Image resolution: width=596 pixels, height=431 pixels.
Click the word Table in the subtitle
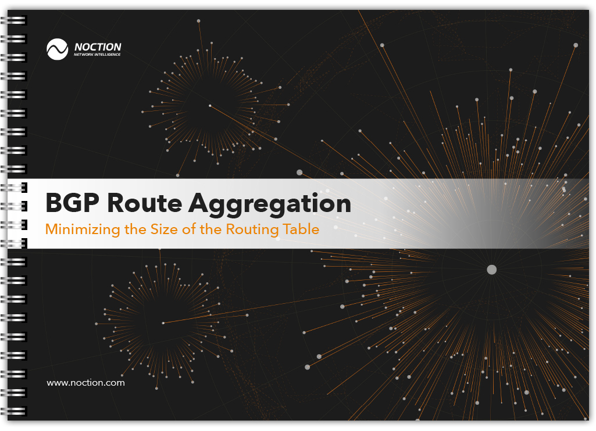coord(301,229)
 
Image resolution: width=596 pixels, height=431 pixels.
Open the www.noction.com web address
coord(85,383)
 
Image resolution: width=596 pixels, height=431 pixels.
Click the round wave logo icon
coord(58,49)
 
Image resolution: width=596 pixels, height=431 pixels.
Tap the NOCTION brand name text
coord(98,47)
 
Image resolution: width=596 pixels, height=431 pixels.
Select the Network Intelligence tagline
coord(97,55)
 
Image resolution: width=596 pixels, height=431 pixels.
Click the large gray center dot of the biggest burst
coord(491,270)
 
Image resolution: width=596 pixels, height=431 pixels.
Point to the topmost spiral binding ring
coord(16,20)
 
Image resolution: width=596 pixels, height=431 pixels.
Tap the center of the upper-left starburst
coord(210,106)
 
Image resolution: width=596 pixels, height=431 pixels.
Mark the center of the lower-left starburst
coord(163,323)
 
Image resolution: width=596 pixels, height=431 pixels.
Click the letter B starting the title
coord(55,204)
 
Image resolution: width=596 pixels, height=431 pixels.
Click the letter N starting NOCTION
coord(78,47)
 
